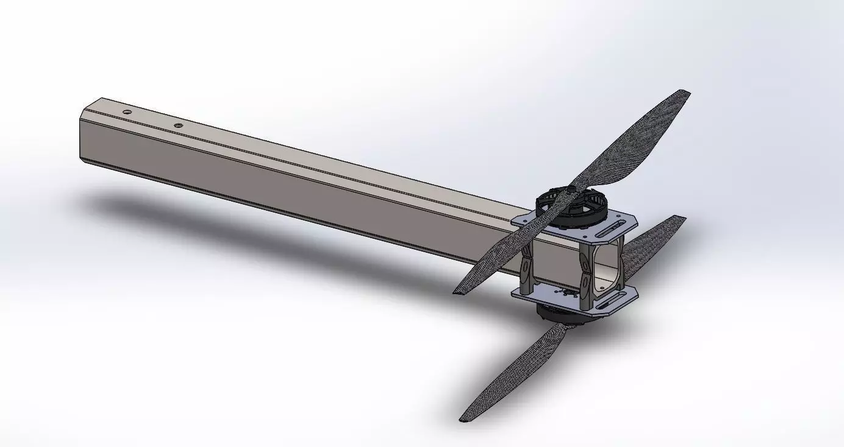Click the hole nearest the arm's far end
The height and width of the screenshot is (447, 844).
point(126,112)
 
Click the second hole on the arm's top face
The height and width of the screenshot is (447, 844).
point(178,125)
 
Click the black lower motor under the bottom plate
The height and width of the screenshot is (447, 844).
point(555,314)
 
